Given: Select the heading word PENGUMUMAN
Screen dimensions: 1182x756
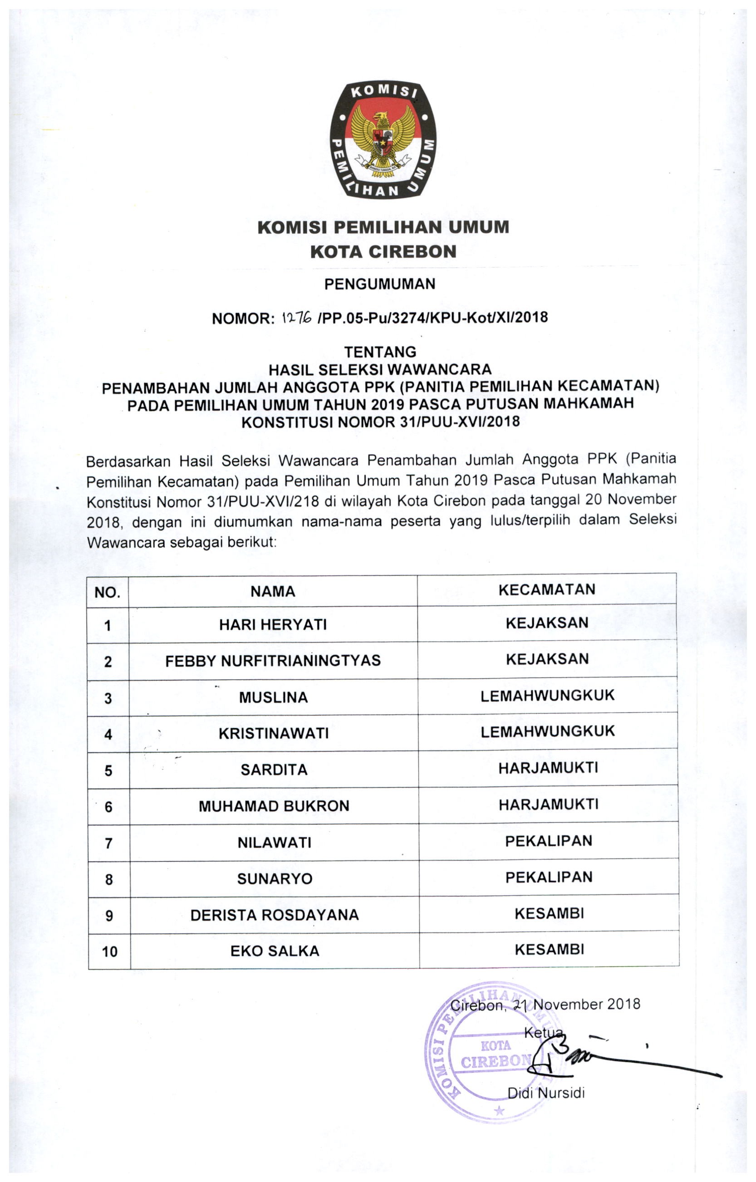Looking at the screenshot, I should [x=379, y=284].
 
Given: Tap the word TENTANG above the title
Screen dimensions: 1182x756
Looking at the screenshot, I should [x=380, y=352].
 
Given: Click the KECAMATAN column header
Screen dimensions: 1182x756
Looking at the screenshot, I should [x=547, y=589].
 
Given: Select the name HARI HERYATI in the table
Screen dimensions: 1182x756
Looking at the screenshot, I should [x=273, y=624].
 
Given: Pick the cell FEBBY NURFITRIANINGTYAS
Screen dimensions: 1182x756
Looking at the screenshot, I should [x=273, y=661].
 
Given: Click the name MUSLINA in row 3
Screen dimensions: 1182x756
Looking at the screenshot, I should [x=274, y=697].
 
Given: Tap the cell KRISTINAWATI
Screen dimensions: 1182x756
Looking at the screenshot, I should [x=274, y=733].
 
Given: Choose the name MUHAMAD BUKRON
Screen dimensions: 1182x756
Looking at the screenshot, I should [x=274, y=806].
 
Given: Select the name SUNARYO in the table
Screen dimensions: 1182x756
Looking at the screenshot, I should [x=275, y=878].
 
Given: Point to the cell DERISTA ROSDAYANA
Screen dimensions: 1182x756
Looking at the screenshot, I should [x=275, y=915].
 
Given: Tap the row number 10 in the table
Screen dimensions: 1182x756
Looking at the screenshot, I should [x=109, y=952].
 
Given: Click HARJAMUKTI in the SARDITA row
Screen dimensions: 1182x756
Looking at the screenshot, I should [x=548, y=768].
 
